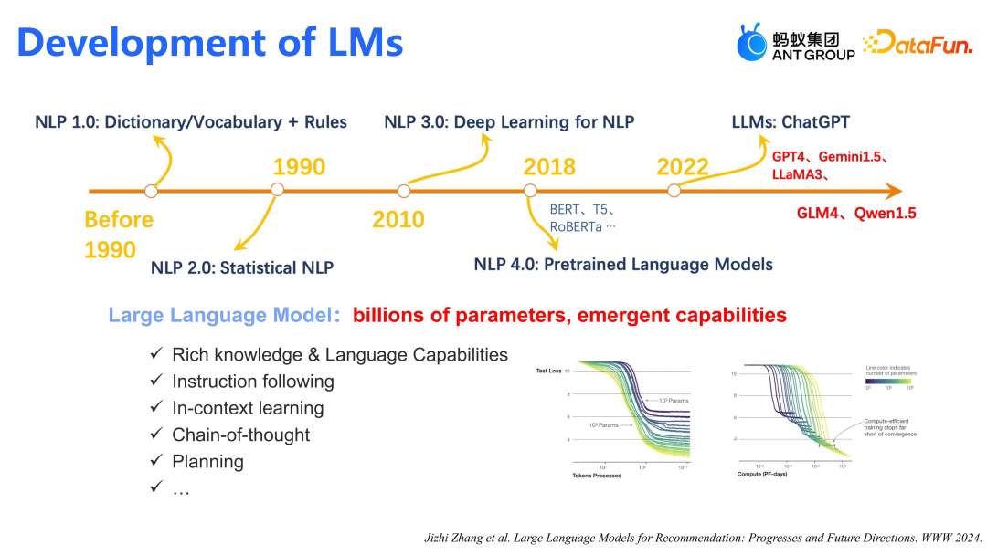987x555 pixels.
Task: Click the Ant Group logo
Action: [796, 43]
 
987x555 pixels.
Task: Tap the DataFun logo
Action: [918, 43]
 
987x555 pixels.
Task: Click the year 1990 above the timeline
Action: [299, 167]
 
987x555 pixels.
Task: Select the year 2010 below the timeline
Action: [398, 219]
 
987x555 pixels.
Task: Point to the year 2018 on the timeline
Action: [549, 167]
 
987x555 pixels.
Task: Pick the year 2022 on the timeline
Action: [683, 167]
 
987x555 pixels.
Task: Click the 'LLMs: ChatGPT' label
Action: [791, 122]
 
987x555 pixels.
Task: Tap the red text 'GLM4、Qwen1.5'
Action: [855, 214]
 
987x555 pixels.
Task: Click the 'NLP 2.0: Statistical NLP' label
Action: [242, 267]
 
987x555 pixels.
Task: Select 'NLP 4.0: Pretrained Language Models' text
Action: [623, 265]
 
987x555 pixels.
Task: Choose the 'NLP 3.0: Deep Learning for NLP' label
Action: [509, 122]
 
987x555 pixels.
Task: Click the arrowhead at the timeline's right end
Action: [893, 191]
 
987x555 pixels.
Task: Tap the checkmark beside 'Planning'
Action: [156, 461]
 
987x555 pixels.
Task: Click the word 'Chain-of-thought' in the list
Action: [241, 435]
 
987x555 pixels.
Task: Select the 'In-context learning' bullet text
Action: [248, 408]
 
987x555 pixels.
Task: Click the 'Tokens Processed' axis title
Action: [597, 476]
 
